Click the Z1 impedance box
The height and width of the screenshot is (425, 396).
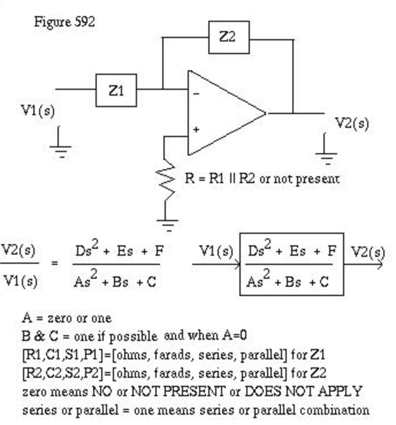[x=116, y=90]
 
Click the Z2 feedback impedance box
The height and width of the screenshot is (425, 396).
[x=228, y=37]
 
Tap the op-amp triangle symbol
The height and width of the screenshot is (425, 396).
[x=222, y=113]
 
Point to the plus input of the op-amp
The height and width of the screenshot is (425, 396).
[x=196, y=130]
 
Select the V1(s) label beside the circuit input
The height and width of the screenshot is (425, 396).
[x=38, y=110]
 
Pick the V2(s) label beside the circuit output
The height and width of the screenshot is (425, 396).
[x=352, y=123]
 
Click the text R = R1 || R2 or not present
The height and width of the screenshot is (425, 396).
[x=262, y=179]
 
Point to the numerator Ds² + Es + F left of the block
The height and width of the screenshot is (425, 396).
[x=116, y=252]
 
